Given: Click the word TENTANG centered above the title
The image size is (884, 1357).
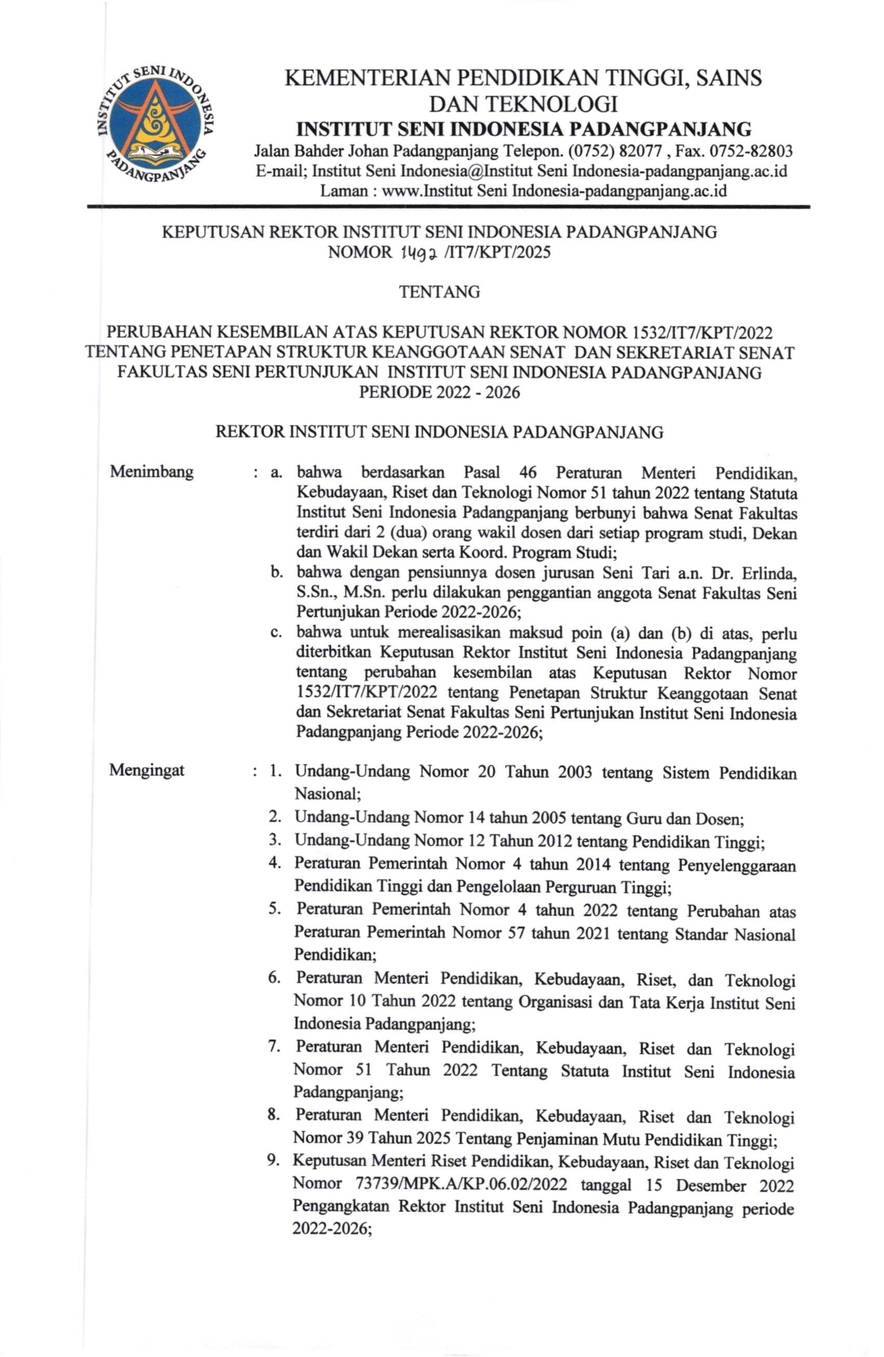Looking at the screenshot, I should click(x=440, y=292).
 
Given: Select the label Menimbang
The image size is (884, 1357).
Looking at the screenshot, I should click(x=152, y=472).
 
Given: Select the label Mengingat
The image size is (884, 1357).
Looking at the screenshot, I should click(x=147, y=771).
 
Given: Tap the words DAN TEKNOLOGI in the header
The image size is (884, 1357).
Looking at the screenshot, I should click(x=523, y=104).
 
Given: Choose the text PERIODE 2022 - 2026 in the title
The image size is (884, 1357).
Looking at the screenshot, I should click(x=440, y=393).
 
